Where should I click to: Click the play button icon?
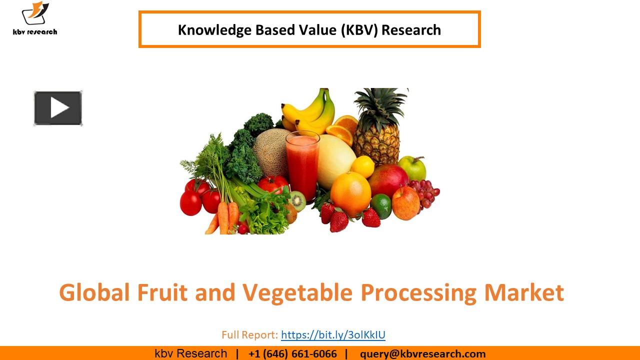coord(58,108)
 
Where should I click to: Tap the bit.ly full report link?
coord(333,334)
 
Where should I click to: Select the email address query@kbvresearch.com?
coord(422,354)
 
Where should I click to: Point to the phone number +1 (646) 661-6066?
coord(292,354)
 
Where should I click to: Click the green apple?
coord(412,168)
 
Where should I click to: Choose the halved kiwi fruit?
coord(297,200)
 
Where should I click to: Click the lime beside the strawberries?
coord(381,206)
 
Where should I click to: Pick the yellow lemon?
coord(362,166)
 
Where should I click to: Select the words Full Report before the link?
coord(249,334)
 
